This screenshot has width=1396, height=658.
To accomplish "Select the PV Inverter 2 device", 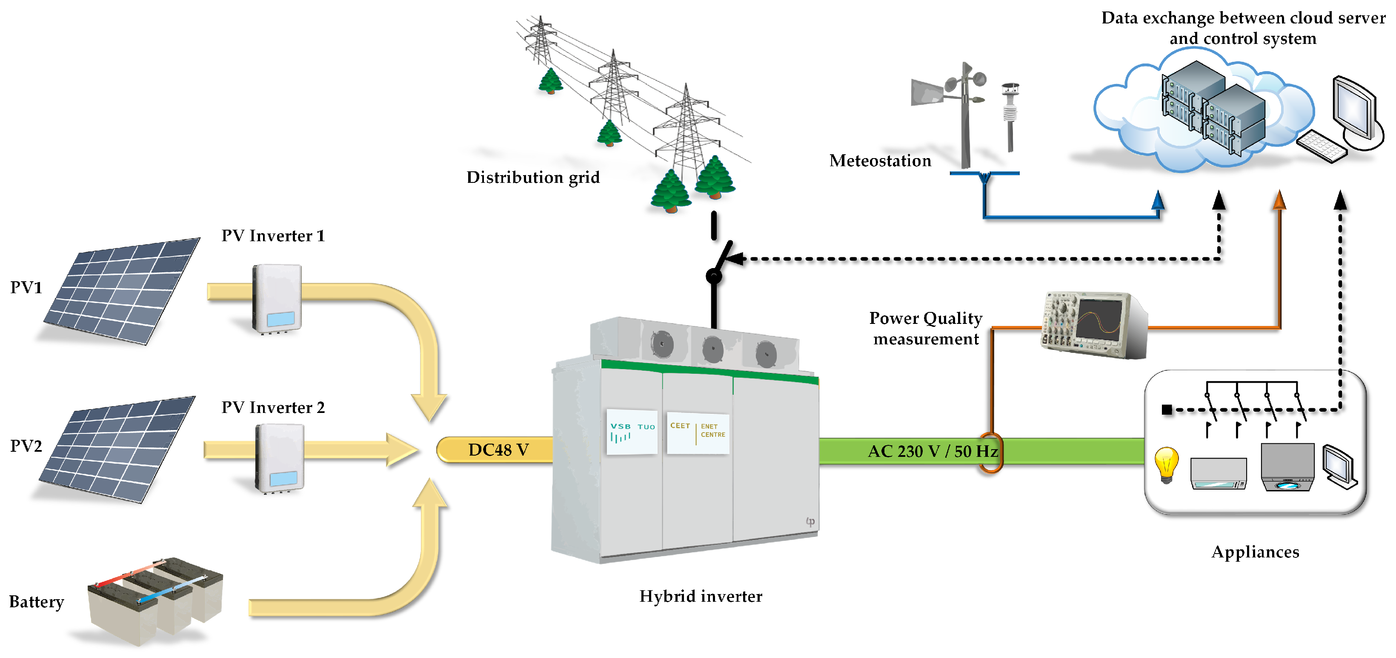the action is coord(279,458).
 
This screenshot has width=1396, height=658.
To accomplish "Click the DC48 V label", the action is coord(498,450).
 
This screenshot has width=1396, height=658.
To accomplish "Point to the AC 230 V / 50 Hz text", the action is coord(933,451).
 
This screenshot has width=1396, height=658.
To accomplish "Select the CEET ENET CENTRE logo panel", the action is coord(698,432).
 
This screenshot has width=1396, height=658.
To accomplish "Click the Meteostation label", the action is coord(880,161).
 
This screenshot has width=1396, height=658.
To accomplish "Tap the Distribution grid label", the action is coord(533,177).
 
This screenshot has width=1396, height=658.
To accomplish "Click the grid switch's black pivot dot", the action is coord(714,276).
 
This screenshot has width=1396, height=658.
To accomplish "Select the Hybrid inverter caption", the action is coord(701,596).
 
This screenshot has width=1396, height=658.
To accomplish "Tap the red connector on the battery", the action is coord(130,574).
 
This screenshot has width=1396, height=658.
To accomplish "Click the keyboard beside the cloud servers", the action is coord(1322,145).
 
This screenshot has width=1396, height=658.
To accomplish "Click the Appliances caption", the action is coord(1255,552).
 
